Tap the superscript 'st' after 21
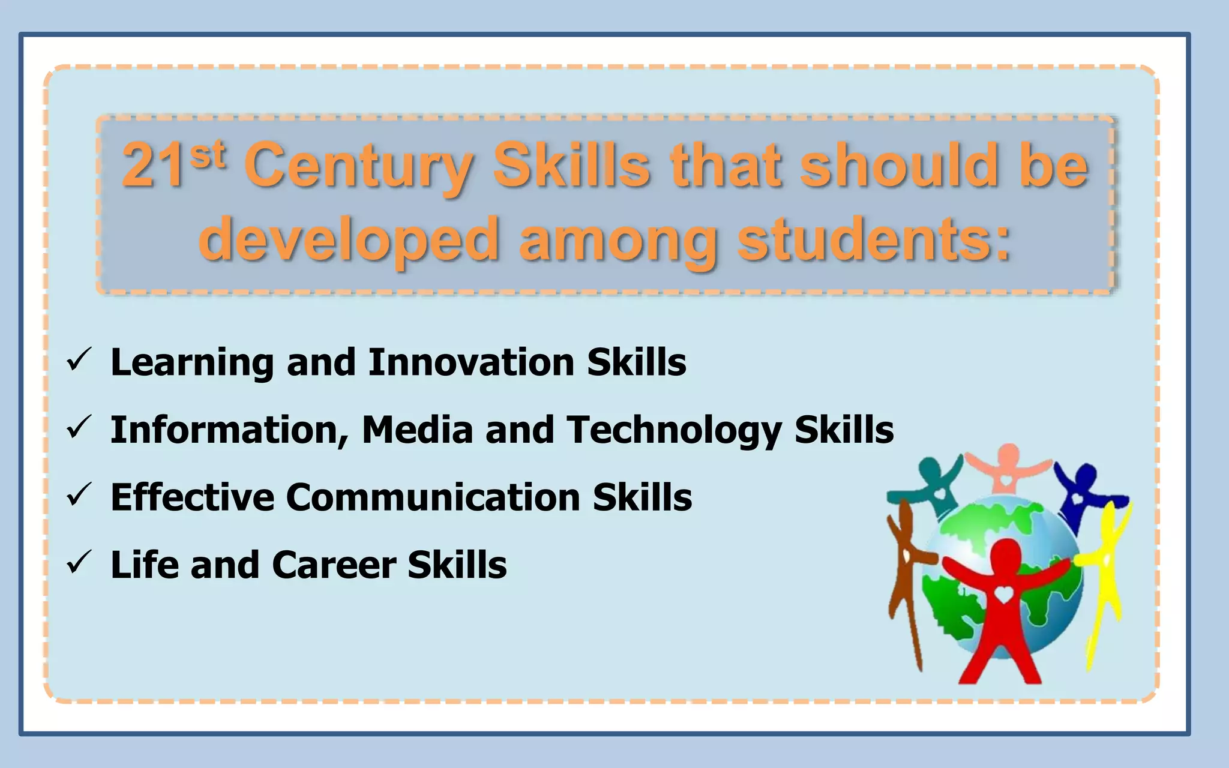pyautogui.click(x=208, y=155)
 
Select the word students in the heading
pyautogui.click(x=874, y=240)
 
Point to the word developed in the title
pyautogui.click(x=349, y=240)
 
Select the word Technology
pyautogui.click(x=674, y=431)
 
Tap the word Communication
pyautogui.click(x=433, y=497)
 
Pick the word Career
pyautogui.click(x=334, y=565)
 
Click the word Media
pyautogui.click(x=418, y=430)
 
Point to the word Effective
pyautogui.click(x=192, y=497)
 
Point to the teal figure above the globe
pyautogui.click(x=934, y=483)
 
